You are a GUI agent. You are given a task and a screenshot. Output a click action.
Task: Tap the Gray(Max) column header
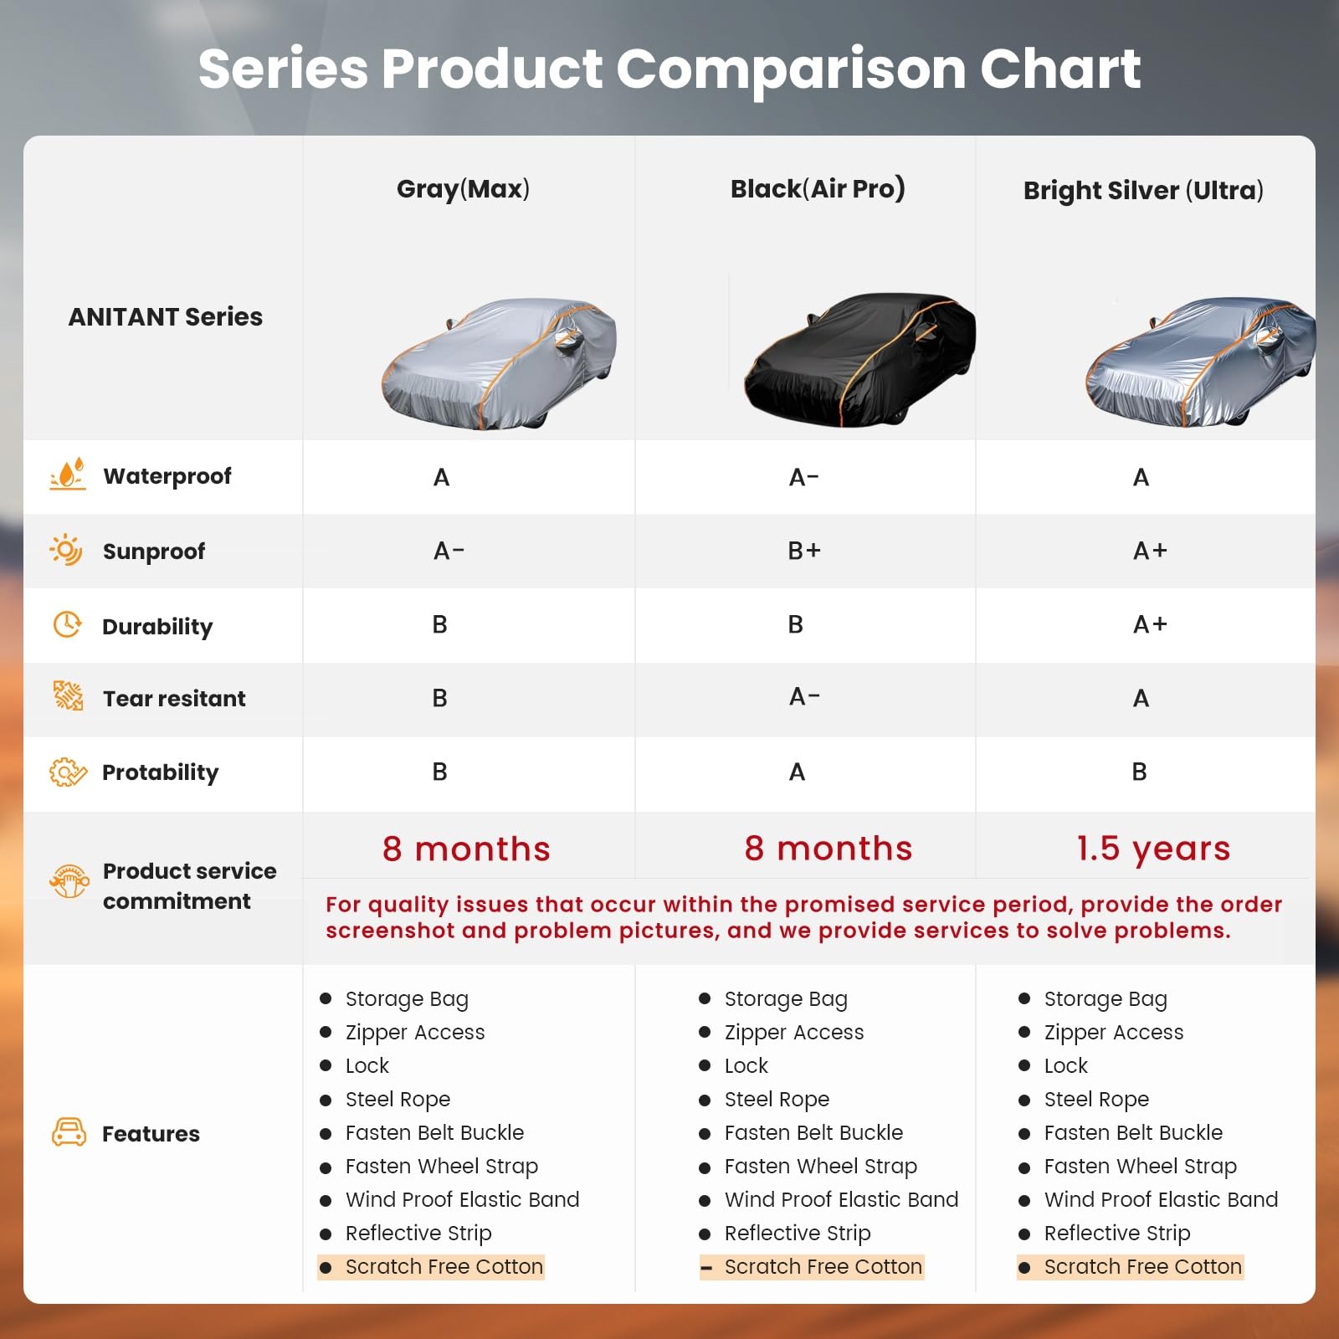(x=463, y=189)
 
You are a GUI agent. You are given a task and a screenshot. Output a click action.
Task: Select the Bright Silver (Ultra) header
(x=1143, y=191)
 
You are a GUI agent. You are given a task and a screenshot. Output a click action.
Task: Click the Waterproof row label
(x=167, y=476)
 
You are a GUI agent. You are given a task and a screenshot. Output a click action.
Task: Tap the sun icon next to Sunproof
(x=66, y=550)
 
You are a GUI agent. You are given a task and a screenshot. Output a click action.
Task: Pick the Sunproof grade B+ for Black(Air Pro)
(x=804, y=551)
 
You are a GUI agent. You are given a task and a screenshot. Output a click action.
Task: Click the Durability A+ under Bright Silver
(x=1149, y=624)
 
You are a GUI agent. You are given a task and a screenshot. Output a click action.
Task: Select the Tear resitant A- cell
(x=804, y=697)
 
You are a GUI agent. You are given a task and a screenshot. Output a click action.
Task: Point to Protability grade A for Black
(x=797, y=772)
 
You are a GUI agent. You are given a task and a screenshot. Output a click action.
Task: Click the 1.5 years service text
(x=1153, y=849)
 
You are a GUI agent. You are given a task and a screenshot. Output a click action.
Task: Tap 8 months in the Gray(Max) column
(x=466, y=849)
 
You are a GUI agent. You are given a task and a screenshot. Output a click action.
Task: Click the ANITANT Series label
(x=165, y=317)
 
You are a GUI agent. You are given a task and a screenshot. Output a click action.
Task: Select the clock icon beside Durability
(x=67, y=624)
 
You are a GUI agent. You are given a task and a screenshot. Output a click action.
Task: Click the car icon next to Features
(x=69, y=1132)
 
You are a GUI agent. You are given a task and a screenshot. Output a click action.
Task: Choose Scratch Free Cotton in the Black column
(x=823, y=1266)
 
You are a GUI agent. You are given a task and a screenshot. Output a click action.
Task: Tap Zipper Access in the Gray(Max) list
(x=414, y=1032)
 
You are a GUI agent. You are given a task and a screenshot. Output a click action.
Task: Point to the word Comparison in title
(x=790, y=69)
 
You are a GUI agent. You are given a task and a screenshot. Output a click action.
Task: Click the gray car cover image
(x=499, y=364)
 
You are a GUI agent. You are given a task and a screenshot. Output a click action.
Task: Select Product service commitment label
(x=188, y=885)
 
